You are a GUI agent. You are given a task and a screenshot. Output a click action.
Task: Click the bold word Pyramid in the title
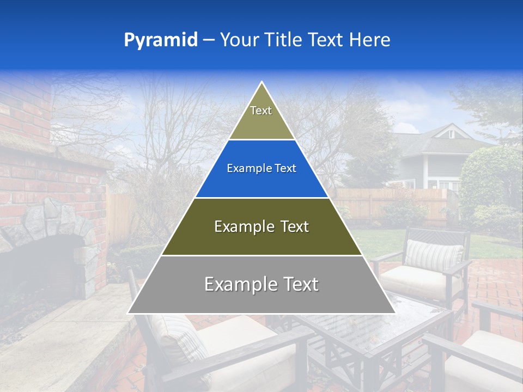pos(161,40)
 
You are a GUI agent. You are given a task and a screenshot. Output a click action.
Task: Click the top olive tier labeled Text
pos(261,114)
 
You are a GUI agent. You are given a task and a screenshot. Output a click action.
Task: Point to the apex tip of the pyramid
pos(261,83)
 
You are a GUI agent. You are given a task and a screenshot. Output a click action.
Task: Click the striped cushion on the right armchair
pos(434,254)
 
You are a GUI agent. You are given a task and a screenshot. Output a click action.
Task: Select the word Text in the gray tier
pos(296,284)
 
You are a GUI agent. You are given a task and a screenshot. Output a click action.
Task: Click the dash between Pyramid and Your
pos(209,40)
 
